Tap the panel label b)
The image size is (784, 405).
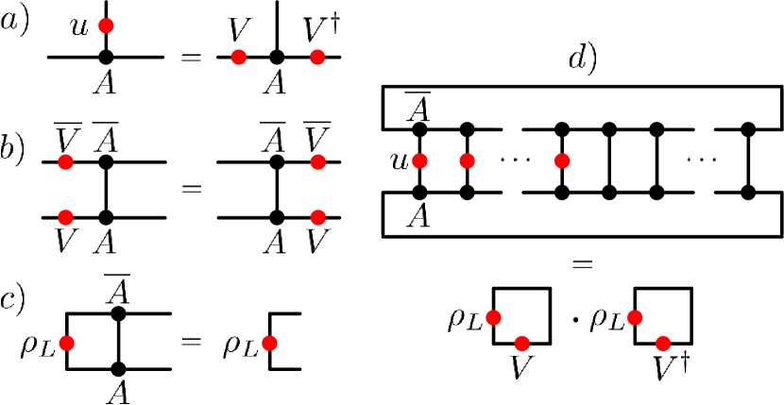pyautogui.click(x=16, y=153)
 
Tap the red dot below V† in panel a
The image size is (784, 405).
pyautogui.click(x=317, y=59)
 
